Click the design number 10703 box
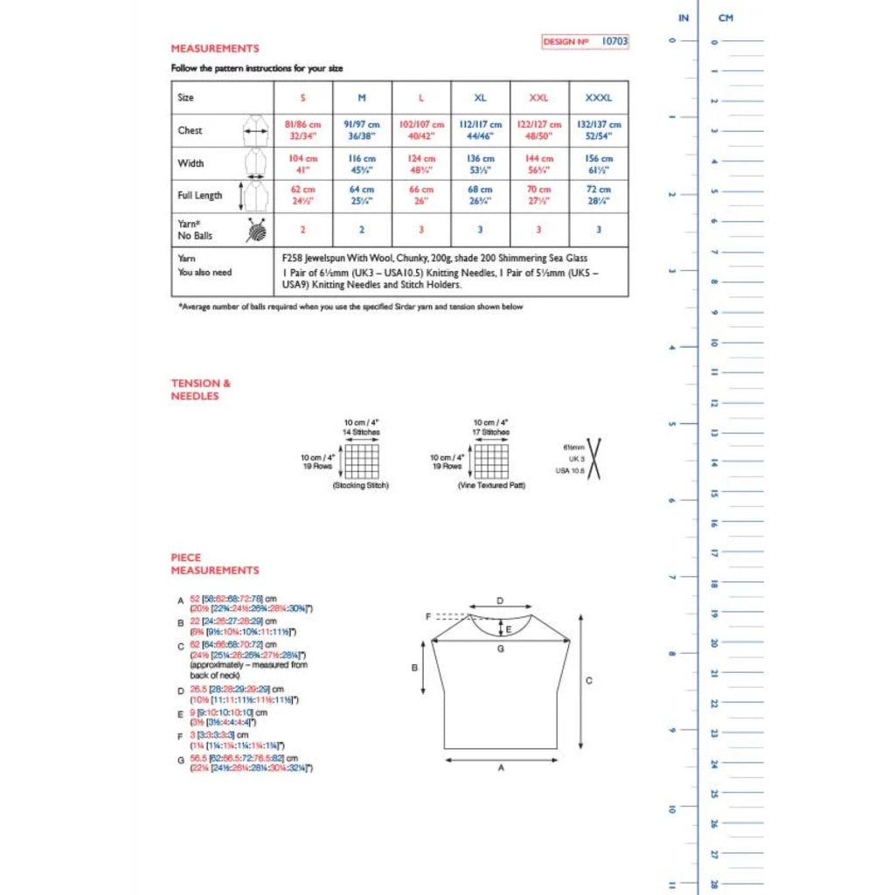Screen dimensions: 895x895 pyautogui.click(x=585, y=41)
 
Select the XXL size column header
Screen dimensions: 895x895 pyautogui.click(x=539, y=98)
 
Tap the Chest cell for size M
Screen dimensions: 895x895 pyautogui.click(x=362, y=130)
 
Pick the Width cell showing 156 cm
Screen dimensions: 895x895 pyautogui.click(x=599, y=163)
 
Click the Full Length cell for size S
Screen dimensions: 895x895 pyautogui.click(x=303, y=196)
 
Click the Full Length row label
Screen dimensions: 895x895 pyautogui.click(x=200, y=196)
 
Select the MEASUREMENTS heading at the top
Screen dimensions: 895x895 pyautogui.click(x=215, y=49)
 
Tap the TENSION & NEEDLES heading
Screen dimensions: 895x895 pyautogui.click(x=195, y=389)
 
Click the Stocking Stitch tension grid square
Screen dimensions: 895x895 pyautogui.click(x=361, y=461)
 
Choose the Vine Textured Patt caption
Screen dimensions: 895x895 pyautogui.click(x=490, y=485)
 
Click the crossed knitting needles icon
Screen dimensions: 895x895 pyautogui.click(x=595, y=459)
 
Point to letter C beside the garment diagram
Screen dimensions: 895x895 pyautogui.click(x=589, y=680)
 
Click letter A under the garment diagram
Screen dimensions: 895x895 pyautogui.click(x=501, y=768)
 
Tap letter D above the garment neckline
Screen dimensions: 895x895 pyautogui.click(x=500, y=600)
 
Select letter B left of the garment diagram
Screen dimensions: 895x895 pyautogui.click(x=414, y=669)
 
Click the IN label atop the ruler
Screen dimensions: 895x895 pyautogui.click(x=683, y=17)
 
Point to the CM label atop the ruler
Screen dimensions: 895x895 pyautogui.click(x=725, y=17)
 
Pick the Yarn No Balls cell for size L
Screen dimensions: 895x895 pyautogui.click(x=421, y=229)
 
